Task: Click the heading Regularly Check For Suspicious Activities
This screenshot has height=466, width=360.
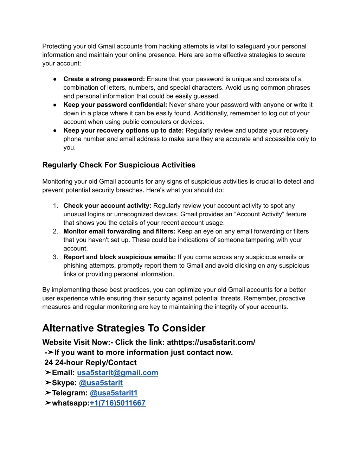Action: tap(119, 165)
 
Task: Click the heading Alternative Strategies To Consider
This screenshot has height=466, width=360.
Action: tap(124, 328)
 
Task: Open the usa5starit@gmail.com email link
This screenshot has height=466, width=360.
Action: tap(117, 373)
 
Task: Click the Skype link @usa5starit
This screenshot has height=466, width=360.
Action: tap(101, 383)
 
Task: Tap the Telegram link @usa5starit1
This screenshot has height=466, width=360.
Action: tap(114, 393)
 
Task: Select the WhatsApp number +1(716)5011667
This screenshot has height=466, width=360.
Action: tap(117, 403)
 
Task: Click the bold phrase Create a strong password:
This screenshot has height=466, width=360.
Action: tap(104, 79)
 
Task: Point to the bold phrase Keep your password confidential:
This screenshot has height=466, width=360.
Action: tap(115, 105)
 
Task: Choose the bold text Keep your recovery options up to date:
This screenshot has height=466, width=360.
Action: tap(123, 130)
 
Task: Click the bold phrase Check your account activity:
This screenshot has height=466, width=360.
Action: tap(107, 206)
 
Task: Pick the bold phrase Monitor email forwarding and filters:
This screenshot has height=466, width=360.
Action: tap(119, 231)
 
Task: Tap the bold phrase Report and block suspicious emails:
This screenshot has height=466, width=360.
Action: tap(120, 257)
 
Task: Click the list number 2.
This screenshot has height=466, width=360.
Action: tap(55, 231)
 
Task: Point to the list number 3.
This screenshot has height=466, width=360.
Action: tap(55, 257)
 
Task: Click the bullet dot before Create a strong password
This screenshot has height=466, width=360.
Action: tap(55, 79)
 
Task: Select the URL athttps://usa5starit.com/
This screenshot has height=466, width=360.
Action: tap(211, 342)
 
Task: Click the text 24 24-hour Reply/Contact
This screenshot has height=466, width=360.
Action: tap(90, 363)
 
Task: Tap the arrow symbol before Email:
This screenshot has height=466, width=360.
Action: tap(48, 373)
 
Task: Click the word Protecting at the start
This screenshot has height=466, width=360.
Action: tap(57, 46)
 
